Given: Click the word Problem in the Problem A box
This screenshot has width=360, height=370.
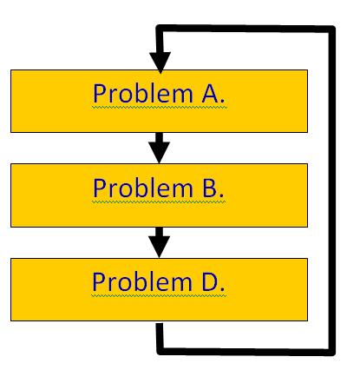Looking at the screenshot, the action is click(143, 93).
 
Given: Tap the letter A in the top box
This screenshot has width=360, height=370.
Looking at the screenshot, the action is click(210, 93).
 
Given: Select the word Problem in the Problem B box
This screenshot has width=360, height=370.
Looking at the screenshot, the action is click(143, 188).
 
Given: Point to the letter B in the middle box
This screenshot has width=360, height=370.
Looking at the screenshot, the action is click(210, 188).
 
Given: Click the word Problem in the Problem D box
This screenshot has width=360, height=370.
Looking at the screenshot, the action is click(142, 281).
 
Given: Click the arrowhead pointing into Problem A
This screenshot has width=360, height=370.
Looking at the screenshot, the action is click(160, 63).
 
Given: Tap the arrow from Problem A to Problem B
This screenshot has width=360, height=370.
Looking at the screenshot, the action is click(160, 148).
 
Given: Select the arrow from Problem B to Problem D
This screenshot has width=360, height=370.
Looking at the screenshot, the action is click(160, 242).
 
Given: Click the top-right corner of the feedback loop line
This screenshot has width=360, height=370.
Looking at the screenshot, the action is click(332, 29).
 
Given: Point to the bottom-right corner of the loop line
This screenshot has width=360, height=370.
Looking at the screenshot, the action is click(332, 353).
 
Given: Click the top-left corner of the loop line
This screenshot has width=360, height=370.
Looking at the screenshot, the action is click(160, 29).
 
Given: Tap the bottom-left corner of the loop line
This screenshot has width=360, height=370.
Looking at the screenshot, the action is click(160, 351).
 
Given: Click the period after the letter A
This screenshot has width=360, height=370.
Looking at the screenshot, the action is click(222, 101).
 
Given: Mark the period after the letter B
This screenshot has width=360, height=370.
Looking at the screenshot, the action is click(221, 195).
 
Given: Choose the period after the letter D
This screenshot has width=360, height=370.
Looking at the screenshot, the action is click(222, 289).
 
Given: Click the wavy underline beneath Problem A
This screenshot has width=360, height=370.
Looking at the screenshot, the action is click(160, 107).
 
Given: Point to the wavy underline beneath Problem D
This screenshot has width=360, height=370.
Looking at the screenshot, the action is click(159, 296).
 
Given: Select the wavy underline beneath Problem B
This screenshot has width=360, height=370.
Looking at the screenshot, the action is click(159, 202).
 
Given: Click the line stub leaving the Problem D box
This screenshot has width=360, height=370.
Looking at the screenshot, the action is click(160, 336).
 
